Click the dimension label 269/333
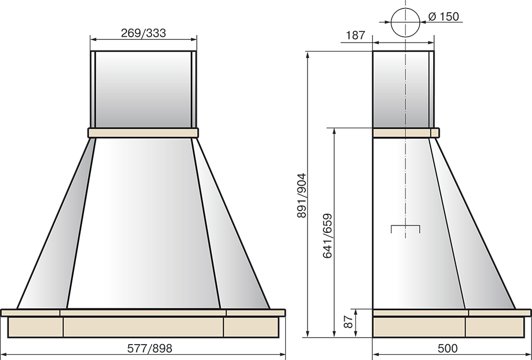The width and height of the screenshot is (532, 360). click(x=144, y=33)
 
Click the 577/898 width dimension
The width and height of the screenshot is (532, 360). click(x=149, y=348)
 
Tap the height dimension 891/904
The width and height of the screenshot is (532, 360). click(x=301, y=196)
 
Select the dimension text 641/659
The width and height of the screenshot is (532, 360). click(x=327, y=236)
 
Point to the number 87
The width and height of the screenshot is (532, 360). click(x=348, y=322)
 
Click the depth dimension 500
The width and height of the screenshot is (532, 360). click(x=447, y=348)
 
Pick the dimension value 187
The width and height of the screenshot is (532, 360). click(x=355, y=35)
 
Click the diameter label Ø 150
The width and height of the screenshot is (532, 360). click(x=444, y=16)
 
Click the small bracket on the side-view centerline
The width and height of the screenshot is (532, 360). click(x=405, y=226)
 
